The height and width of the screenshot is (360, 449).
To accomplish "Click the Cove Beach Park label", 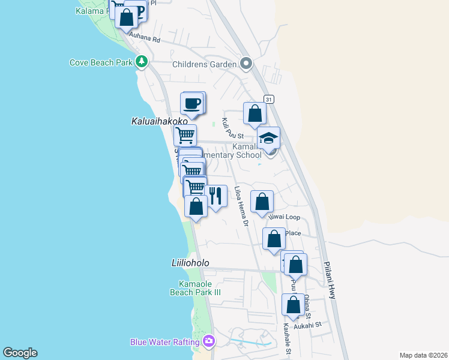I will (101, 62).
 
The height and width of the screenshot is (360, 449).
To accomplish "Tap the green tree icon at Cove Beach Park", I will (142, 61).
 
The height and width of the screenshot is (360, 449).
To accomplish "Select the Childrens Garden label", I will (205, 64).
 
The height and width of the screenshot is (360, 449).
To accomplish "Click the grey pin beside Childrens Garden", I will (246, 64).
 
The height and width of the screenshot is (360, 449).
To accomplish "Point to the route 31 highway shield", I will (268, 100).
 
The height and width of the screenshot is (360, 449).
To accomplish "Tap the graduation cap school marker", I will (268, 137).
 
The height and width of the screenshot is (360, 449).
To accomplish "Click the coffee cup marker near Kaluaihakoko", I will (192, 103).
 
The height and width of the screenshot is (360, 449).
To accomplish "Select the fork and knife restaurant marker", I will (215, 196).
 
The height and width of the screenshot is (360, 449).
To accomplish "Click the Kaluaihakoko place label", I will (155, 121).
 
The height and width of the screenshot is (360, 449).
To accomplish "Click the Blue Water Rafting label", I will (164, 342).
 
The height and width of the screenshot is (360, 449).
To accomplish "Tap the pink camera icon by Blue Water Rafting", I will (209, 341).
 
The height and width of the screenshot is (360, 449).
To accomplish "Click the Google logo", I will (20, 353).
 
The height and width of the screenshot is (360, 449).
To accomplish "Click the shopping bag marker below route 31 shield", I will (255, 113).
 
